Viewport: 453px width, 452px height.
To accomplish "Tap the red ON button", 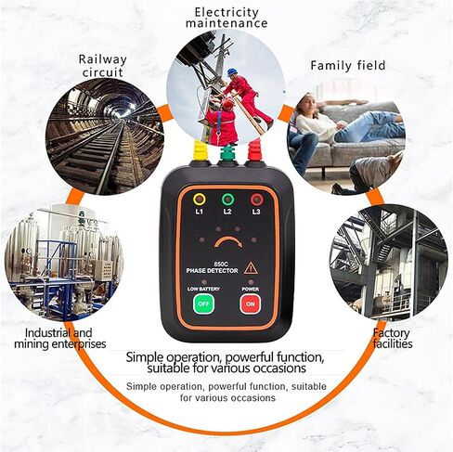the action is (251, 303).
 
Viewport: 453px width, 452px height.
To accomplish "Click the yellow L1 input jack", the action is (200, 200).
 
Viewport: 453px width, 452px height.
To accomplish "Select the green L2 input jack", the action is (227, 200).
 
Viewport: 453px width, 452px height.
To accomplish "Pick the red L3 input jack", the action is (256, 200).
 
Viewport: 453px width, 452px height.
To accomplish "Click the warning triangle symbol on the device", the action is (251, 268).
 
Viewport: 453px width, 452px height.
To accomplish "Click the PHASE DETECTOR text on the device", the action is (213, 271).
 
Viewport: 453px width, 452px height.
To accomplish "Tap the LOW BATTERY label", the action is (203, 289).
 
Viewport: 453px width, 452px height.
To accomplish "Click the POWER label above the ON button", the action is (251, 289).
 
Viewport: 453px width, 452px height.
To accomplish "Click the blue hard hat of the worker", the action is (232, 71).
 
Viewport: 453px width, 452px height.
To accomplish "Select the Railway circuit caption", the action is (103, 66).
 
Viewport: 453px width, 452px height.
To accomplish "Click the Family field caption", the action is (348, 66).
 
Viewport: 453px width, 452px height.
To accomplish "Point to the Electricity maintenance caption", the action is (226, 18).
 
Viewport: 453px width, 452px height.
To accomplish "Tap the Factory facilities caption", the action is (393, 338).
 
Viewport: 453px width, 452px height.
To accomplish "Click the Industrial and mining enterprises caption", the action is (60, 338).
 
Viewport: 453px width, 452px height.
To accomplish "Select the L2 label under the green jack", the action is (227, 212).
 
